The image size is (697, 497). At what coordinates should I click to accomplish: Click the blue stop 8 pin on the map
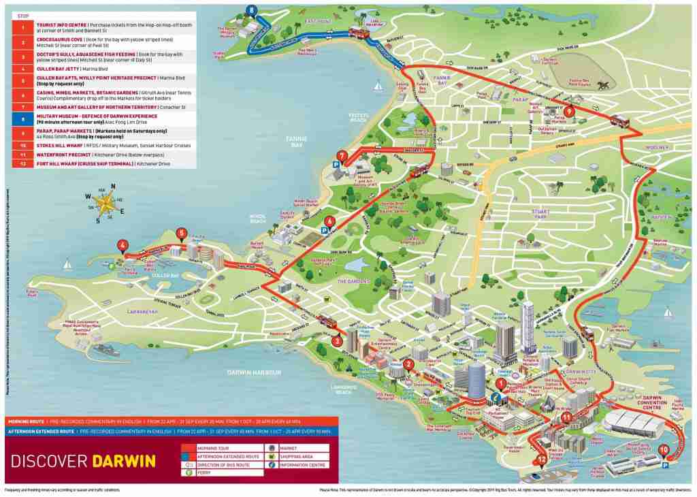pos(253,10)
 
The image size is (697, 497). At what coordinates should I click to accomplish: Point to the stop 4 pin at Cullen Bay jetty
pos(122,246)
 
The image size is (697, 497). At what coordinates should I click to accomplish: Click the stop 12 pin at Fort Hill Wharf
pos(541,460)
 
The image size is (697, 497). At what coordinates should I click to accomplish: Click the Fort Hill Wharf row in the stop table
pos(102,164)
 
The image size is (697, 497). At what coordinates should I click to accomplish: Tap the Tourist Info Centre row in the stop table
pos(102,27)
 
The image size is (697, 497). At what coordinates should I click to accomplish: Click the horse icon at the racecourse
pos(602,85)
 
